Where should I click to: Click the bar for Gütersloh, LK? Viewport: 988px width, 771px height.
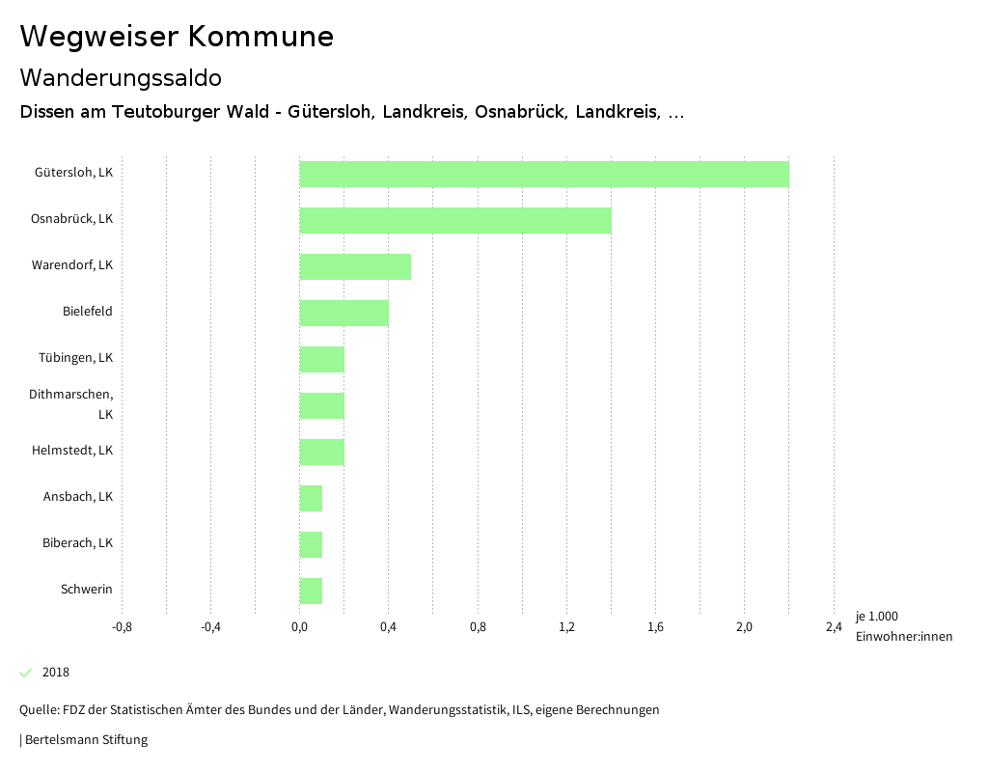pos(544,174)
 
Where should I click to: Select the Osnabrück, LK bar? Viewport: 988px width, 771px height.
pos(455,220)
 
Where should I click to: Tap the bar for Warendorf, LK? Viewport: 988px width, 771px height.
pos(355,266)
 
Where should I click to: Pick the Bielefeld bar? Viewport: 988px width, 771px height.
pos(344,313)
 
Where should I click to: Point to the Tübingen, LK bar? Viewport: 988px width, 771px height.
pos(322,359)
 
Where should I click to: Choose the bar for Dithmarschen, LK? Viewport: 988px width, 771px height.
pos(322,405)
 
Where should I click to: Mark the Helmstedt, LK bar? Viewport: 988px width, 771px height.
pos(322,452)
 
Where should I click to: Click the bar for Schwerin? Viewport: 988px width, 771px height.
pos(311,591)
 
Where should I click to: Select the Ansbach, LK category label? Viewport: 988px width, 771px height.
pos(78,497)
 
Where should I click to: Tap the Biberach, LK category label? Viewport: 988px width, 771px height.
pos(78,543)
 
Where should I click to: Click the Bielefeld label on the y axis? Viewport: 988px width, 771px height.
pos(88,312)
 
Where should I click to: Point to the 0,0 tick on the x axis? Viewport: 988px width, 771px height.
pos(299,627)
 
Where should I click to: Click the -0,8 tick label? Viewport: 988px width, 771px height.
pos(122,627)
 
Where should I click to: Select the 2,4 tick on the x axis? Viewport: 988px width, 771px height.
pos(834,627)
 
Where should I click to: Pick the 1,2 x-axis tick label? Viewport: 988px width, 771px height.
pos(566,627)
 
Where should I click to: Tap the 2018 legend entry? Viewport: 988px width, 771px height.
pos(55,673)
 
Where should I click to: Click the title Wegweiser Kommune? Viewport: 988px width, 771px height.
pos(177,37)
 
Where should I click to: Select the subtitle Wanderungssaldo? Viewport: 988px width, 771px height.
pos(121,77)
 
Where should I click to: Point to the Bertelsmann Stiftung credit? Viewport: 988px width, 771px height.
pos(85,740)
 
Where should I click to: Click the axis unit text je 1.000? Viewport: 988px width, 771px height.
pos(876,617)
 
